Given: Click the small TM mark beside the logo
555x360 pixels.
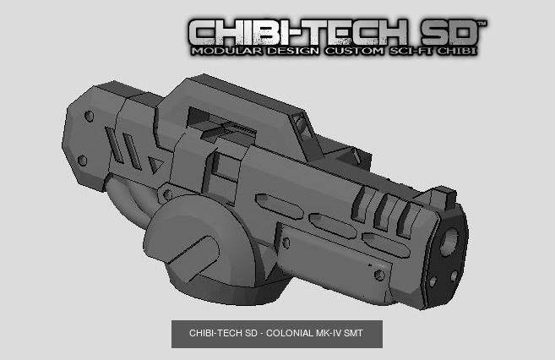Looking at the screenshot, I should tap(482, 23).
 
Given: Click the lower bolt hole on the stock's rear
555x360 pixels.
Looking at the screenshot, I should tap(82, 160).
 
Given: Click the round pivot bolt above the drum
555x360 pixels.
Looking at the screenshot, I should tap(167, 195).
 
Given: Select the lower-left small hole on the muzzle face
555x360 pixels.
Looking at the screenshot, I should tap(433, 281).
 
